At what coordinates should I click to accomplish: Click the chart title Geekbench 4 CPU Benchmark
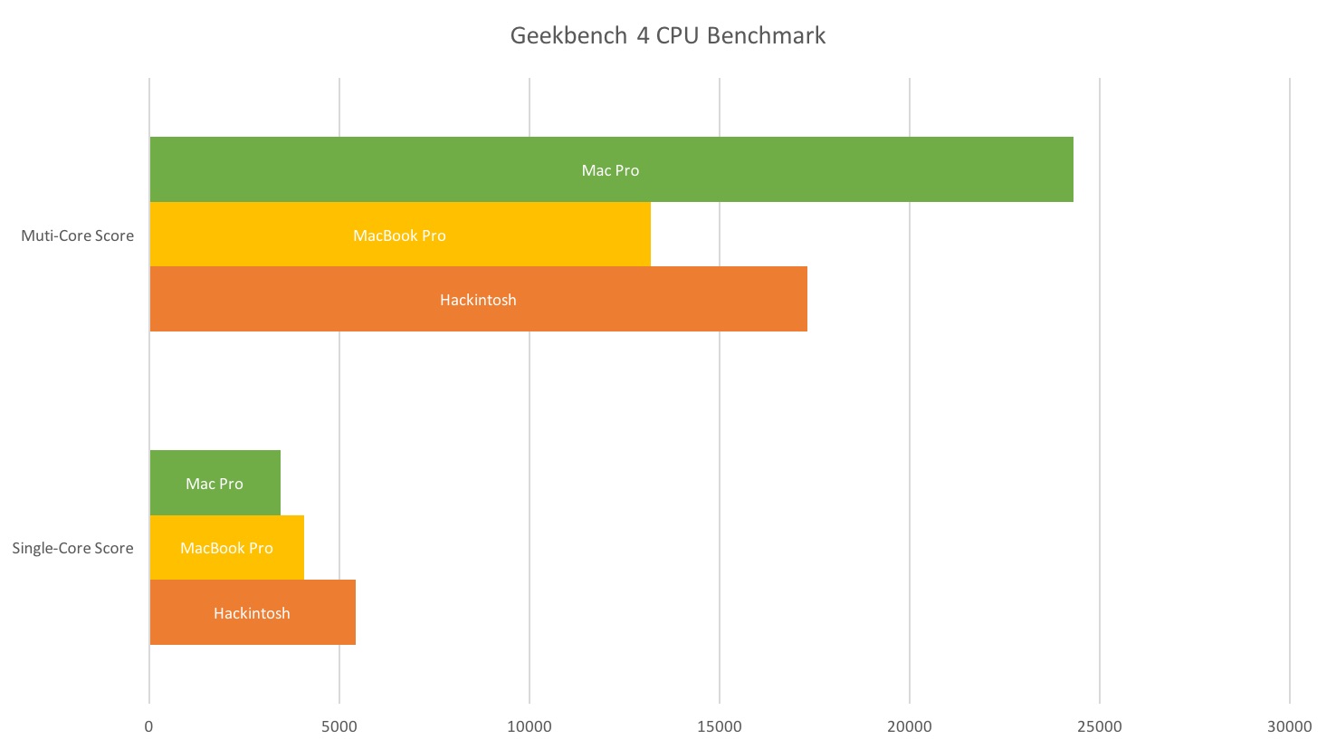click(667, 35)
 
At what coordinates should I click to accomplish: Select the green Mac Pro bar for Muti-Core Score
click(815, 169)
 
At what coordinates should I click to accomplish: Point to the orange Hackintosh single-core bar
click(317, 612)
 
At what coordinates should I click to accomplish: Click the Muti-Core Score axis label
click(77, 235)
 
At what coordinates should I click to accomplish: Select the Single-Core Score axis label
click(72, 548)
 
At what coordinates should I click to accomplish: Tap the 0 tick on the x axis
click(148, 726)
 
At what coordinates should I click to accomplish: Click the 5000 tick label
click(339, 726)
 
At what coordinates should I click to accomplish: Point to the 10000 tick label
click(529, 726)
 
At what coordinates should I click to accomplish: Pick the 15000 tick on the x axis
click(719, 726)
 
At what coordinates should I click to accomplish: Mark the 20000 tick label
click(909, 726)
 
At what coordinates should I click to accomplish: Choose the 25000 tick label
click(1099, 726)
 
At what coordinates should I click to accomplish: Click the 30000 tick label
click(1289, 726)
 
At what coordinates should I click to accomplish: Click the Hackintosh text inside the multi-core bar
click(478, 300)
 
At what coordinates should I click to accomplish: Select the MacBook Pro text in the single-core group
click(226, 548)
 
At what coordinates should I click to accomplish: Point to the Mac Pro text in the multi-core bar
click(610, 170)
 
